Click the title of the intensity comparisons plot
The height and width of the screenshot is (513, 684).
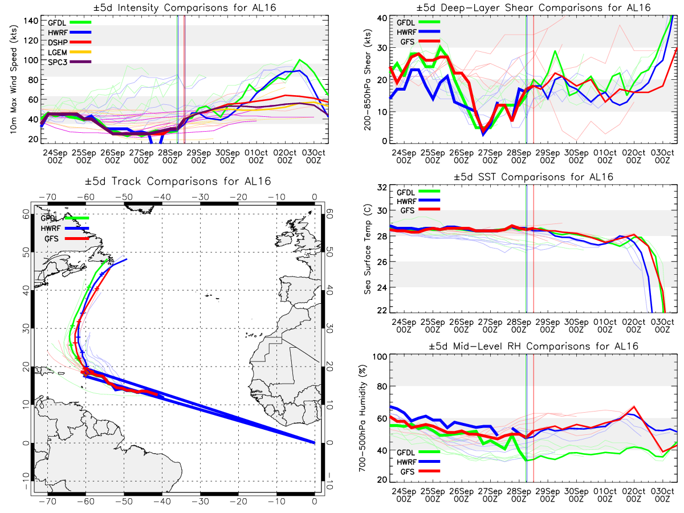pos(185,7)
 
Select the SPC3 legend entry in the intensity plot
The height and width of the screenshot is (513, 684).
pos(69,62)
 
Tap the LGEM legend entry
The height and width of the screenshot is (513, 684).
pos(69,52)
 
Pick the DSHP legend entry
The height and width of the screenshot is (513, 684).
pos(69,42)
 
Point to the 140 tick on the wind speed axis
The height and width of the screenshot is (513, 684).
pos(31,21)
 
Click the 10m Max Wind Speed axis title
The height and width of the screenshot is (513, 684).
pos(13,79)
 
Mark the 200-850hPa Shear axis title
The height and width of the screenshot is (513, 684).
pos(368,79)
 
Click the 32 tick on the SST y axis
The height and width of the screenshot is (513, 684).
pos(382,188)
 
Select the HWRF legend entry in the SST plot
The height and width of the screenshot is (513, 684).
pos(418,201)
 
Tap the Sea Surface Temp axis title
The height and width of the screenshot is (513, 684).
pos(368,249)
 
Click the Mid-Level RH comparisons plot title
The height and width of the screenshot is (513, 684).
pos(533,347)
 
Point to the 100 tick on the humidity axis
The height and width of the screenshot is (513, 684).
pos(380,357)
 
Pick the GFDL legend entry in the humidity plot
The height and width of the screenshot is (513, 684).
pos(418,452)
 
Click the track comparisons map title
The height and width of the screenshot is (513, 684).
pos(178,181)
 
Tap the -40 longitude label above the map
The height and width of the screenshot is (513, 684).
pos(162,197)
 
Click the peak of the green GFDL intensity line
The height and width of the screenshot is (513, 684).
pos(299,59)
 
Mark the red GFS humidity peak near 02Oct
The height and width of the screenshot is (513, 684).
pos(634,406)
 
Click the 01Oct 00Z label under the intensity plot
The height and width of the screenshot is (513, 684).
pos(256,157)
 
